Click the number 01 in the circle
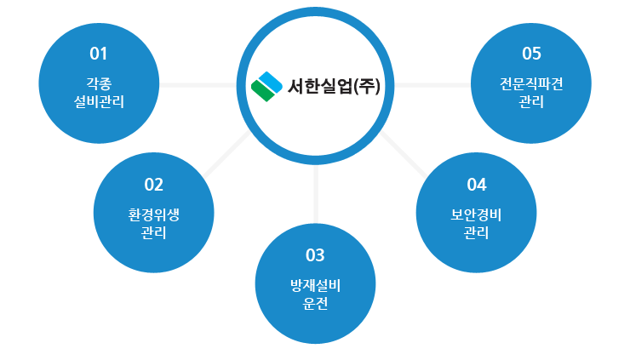(x=99, y=54)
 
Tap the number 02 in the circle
(x=153, y=185)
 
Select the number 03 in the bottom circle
(x=315, y=255)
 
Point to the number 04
(x=477, y=185)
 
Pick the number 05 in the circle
(x=531, y=54)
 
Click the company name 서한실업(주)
(x=334, y=86)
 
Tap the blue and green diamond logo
(x=266, y=87)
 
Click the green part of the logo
(x=262, y=91)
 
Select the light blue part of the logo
(x=271, y=83)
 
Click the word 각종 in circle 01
(x=99, y=84)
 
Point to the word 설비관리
(x=99, y=101)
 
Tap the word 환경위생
(x=153, y=215)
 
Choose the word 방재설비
(x=315, y=286)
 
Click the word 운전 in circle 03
(x=315, y=303)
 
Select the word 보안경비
(x=476, y=215)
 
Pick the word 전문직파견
(x=531, y=84)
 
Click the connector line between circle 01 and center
(x=198, y=85)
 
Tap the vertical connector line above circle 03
(x=316, y=194)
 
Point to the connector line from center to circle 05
(x=432, y=85)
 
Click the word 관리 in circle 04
(x=476, y=232)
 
